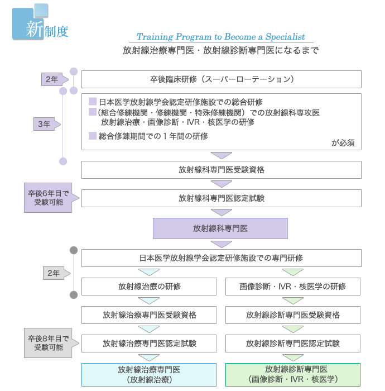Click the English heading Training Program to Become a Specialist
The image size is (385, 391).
coord(221,37)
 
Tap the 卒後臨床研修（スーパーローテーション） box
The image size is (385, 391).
coord(221,79)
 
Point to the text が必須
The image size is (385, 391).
coord(343,142)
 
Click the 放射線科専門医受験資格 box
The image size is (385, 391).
coord(221,170)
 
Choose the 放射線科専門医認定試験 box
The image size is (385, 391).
coord(221,198)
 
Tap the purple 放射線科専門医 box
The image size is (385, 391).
coord(220,228)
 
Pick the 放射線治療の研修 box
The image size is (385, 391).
coord(149,287)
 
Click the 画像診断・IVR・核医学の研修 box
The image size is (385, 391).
coord(292,287)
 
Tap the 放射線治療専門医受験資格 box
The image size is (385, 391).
coord(149,315)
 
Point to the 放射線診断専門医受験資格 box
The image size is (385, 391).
coord(292,315)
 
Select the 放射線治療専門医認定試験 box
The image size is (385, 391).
coord(149,344)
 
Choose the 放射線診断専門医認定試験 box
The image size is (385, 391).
coord(292,344)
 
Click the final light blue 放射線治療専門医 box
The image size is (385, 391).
coord(149,374)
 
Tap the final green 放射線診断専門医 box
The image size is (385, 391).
coord(292,374)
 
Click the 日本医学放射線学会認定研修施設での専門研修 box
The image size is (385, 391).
coord(221,258)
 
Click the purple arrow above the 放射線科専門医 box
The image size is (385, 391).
coord(222,212)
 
